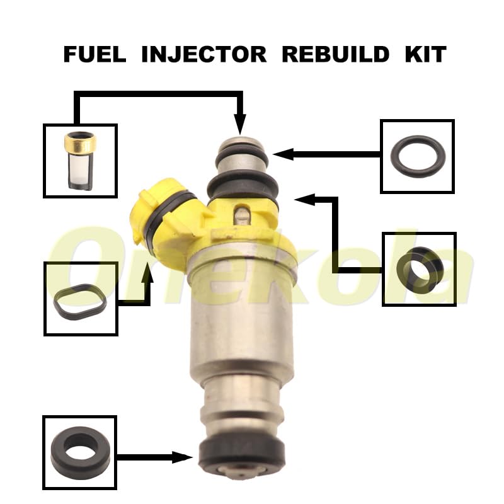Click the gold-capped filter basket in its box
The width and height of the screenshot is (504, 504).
pyautogui.click(x=80, y=161)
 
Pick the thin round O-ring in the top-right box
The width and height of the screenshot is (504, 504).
pyautogui.click(x=418, y=157)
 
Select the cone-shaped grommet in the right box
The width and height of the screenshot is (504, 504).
pyautogui.click(x=419, y=270)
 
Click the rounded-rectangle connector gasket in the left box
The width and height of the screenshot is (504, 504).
pyautogui.click(x=80, y=300)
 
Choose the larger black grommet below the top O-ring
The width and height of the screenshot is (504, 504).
pyautogui.click(x=242, y=185)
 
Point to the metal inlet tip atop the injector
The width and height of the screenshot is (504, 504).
pyautogui.click(x=241, y=142)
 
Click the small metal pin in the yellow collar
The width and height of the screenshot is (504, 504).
pyautogui.click(x=241, y=214)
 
